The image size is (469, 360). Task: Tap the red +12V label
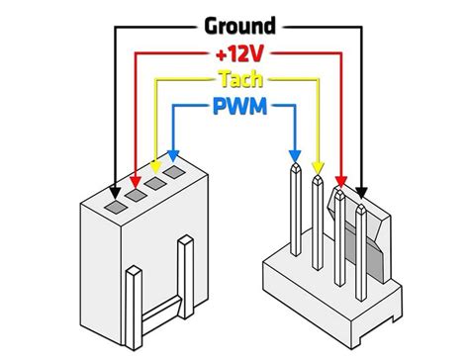click(x=238, y=51)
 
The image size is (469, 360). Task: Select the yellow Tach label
click(x=237, y=78)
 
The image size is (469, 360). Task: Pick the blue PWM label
click(x=238, y=105)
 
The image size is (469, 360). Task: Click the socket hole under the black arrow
click(x=117, y=207)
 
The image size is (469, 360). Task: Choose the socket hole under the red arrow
click(x=137, y=195)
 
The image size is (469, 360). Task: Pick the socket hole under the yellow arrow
click(x=156, y=183)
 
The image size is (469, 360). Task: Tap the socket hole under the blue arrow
click(x=175, y=172)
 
